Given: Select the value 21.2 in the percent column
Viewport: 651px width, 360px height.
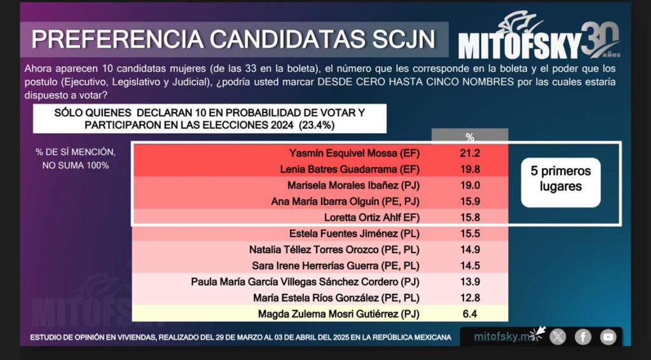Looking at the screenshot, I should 469,153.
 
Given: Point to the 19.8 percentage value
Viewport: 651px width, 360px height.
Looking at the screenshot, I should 469,169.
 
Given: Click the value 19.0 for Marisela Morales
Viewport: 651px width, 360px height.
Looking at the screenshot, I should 469,186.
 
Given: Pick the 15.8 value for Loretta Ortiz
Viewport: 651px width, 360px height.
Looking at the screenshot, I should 469,218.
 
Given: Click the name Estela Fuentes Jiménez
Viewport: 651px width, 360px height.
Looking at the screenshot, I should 359,233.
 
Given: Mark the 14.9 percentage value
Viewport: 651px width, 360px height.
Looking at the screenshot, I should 469,249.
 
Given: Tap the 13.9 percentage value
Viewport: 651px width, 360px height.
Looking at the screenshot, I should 469,281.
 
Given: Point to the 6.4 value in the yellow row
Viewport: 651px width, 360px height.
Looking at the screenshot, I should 469,314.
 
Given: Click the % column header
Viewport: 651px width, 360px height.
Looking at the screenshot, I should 470,137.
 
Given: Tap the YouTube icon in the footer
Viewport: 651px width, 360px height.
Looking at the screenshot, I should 608,336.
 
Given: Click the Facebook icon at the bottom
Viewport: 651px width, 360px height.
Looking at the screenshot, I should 583,336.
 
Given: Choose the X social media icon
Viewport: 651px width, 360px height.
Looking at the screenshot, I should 558,336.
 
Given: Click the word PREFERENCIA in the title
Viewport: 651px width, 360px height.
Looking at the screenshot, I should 115,39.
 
